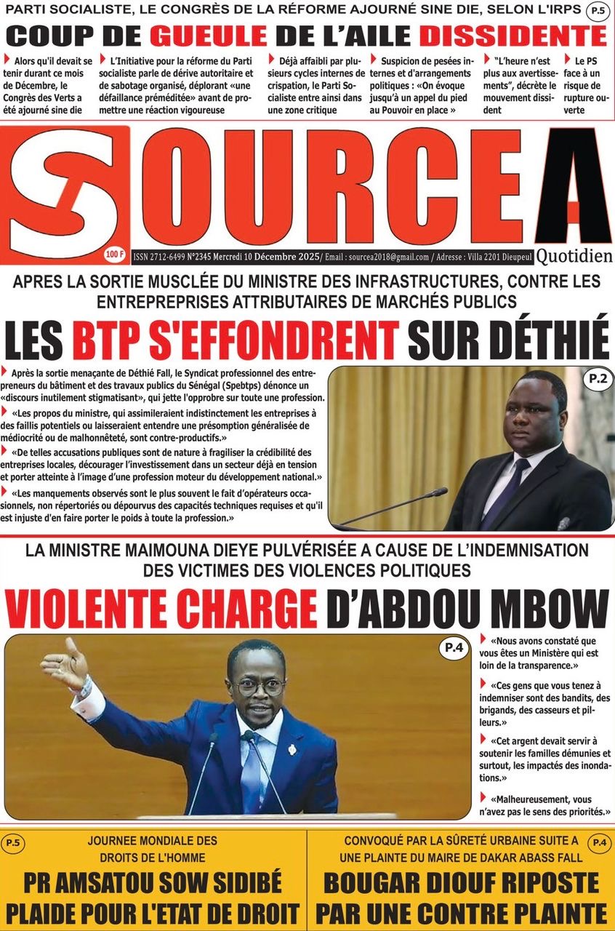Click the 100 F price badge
point(114,254)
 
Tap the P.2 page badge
point(598,378)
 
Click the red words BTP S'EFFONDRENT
point(236,339)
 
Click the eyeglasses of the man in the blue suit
point(258,686)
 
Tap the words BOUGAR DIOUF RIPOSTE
point(461,883)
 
